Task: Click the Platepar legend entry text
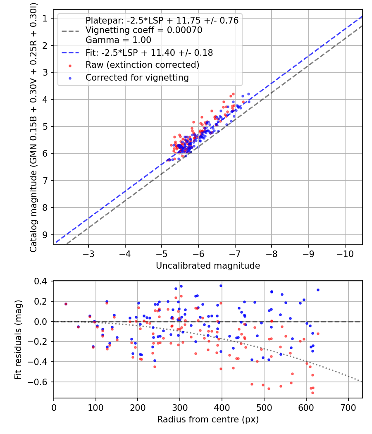pyautogui.click(x=162, y=21)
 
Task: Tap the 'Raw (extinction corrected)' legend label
pyautogui.click(x=142, y=65)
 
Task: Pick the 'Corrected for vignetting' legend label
pyautogui.click(x=137, y=77)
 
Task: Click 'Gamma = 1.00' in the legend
pyautogui.click(x=118, y=40)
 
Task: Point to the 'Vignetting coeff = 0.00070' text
pyautogui.click(x=144, y=30)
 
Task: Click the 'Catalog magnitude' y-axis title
pyautogui.click(x=34, y=128)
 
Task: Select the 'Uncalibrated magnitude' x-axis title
pyautogui.click(x=208, y=266)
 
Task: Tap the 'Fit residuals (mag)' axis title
pyautogui.click(x=18, y=339)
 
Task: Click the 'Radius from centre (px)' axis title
pyautogui.click(x=208, y=420)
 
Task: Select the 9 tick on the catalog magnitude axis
pyautogui.click(x=46, y=234)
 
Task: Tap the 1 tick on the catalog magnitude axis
pyautogui.click(x=46, y=18)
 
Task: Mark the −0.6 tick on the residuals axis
pyautogui.click(x=40, y=382)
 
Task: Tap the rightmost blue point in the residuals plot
pyautogui.click(x=318, y=290)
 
